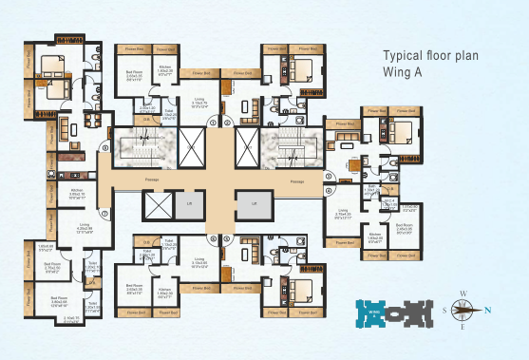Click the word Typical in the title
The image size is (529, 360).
402,55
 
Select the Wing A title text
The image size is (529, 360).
406,72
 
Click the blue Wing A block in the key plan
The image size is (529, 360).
372,309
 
